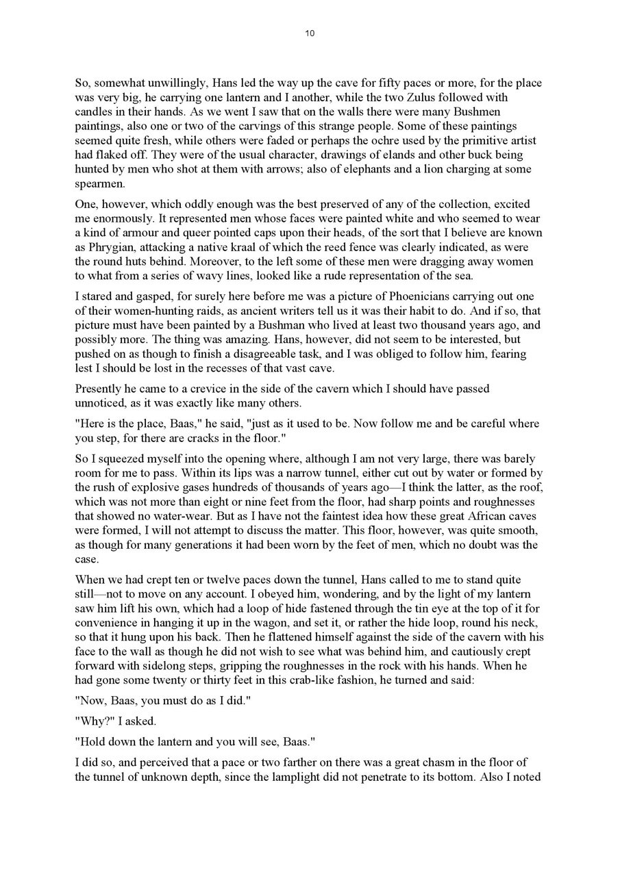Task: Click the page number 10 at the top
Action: click(310, 34)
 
